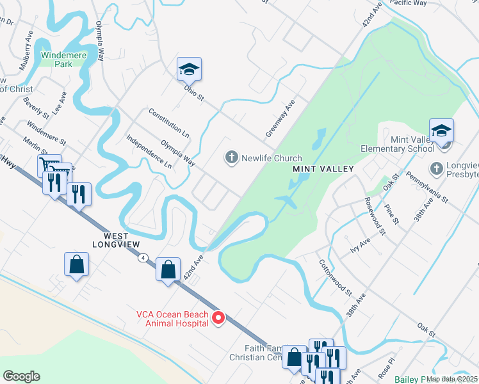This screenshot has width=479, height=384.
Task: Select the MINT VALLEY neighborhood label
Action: click(x=314, y=169)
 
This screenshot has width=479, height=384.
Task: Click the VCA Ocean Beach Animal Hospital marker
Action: click(x=218, y=317)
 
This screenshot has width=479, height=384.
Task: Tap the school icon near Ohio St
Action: click(x=190, y=69)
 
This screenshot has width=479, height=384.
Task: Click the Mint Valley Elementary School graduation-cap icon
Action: click(x=441, y=131)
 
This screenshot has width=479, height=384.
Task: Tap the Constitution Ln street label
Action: click(x=169, y=123)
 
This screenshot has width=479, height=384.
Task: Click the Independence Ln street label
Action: click(x=149, y=152)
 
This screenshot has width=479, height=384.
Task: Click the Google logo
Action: click(x=22, y=376)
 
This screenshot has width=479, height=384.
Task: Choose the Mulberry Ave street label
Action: click(x=26, y=50)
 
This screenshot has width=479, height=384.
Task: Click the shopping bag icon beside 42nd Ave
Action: click(x=168, y=269)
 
